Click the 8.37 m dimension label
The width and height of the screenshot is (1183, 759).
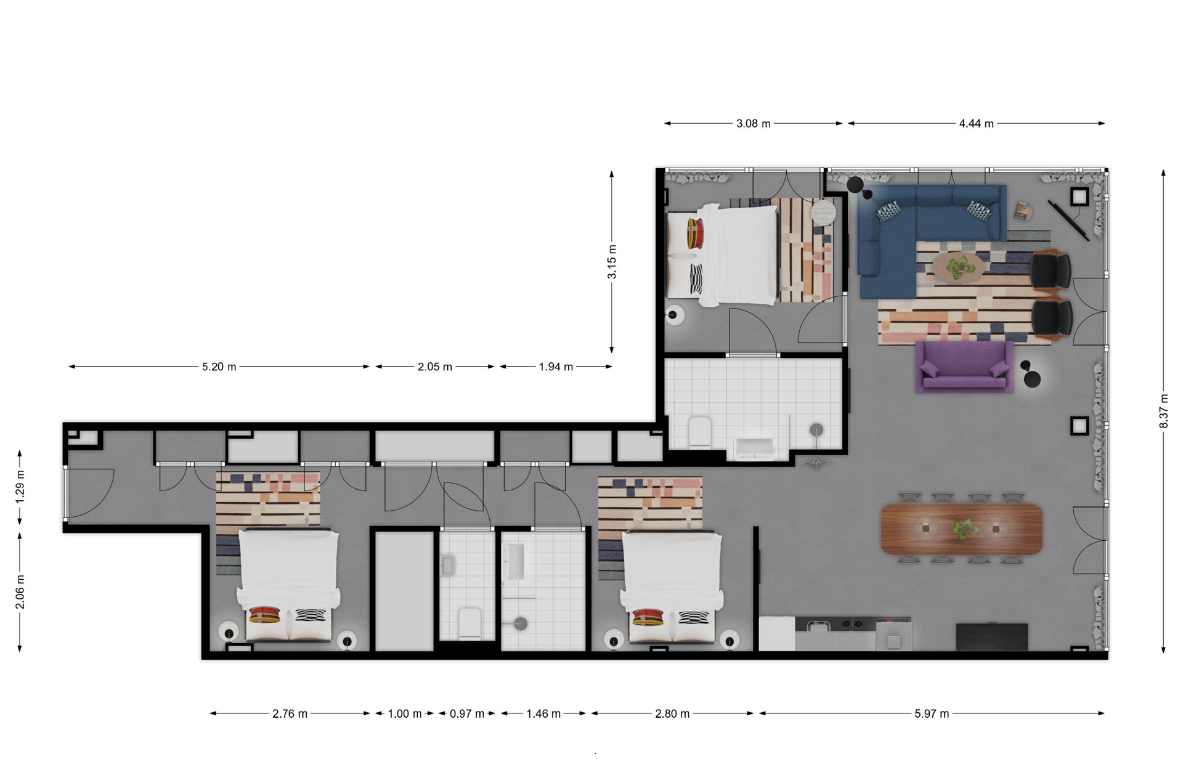coord(1163,411)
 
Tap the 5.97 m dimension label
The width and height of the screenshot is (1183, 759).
coord(932,713)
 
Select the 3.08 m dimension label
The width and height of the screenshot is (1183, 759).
coord(753,123)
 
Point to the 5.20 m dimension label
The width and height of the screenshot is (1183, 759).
coord(219,367)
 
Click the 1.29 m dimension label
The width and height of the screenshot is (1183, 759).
coord(20,487)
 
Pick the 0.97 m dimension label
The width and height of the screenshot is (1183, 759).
coord(466,713)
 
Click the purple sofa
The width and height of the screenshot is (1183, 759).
coord(964,367)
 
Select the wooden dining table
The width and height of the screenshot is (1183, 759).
coord(962,529)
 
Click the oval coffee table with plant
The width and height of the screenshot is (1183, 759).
coord(957,267)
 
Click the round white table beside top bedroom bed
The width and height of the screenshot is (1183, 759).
coord(823,213)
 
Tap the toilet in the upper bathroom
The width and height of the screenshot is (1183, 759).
coord(700,431)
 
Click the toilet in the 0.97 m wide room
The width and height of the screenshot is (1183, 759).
coord(470,623)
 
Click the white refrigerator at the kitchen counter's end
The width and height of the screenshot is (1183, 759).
coord(776,634)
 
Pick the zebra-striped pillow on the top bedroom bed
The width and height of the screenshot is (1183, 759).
coord(696,279)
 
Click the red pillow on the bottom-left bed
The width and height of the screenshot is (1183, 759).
coord(266,615)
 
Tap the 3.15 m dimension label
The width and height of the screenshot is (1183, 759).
coord(612,262)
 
